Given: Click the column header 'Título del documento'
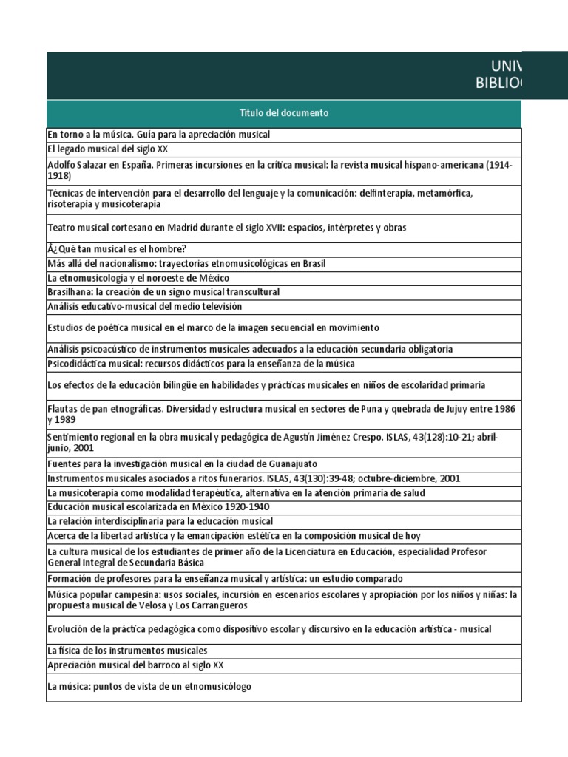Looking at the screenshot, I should [284, 113].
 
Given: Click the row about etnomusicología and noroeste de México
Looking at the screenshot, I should [138, 278].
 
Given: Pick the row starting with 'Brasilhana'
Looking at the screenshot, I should [163, 292].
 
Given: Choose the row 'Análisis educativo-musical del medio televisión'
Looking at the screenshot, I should [144, 306].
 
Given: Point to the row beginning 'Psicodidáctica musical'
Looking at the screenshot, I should [200, 364].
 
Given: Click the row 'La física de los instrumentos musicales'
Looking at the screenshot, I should [126, 651].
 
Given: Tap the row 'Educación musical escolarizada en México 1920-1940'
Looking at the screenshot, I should [158, 507].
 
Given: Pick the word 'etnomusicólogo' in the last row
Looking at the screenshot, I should [217, 686].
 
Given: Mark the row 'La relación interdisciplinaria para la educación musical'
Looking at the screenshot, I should [160, 521].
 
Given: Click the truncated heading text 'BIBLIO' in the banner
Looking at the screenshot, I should [497, 83].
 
